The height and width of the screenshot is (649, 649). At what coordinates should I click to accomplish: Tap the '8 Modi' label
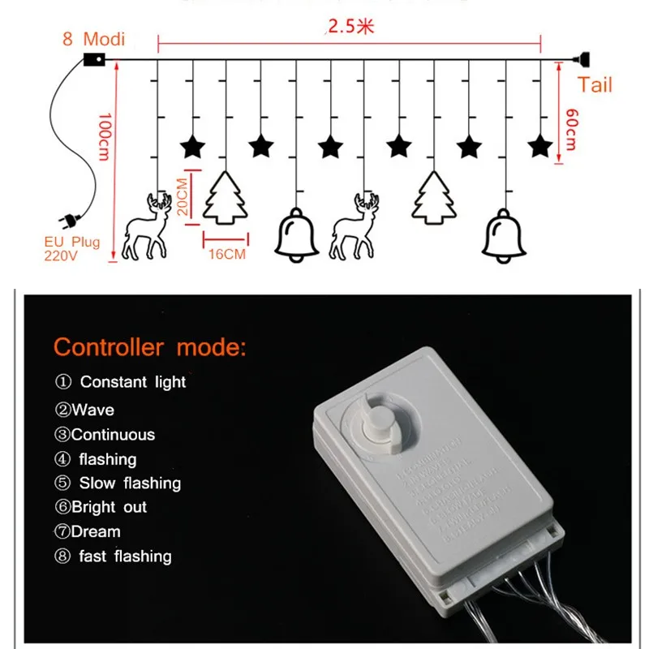click(93, 39)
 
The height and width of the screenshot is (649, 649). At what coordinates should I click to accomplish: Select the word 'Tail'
click(595, 85)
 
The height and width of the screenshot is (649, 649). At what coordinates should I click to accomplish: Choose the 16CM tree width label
click(225, 254)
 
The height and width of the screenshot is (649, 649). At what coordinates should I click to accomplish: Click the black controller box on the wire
click(94, 59)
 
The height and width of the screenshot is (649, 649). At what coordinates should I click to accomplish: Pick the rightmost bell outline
click(504, 234)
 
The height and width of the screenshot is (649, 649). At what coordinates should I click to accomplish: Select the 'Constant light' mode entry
click(121, 381)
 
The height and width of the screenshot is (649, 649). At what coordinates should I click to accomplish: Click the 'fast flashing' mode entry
click(114, 557)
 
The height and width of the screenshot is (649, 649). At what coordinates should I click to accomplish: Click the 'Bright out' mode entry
click(101, 507)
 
